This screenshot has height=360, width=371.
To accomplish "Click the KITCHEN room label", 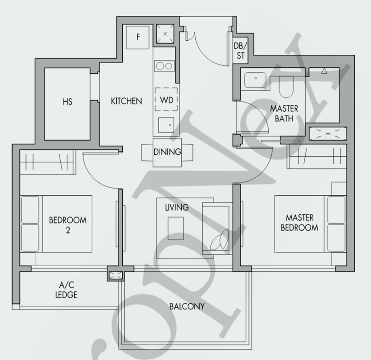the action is click(x=126, y=101).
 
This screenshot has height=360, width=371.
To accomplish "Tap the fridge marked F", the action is click(x=138, y=38).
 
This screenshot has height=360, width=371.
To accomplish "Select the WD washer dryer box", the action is click(x=166, y=99).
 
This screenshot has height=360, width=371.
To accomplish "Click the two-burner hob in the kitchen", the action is click(x=165, y=66).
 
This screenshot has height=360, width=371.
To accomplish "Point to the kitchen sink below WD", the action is click(x=166, y=125).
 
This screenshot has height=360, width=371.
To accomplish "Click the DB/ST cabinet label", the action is click(x=240, y=51).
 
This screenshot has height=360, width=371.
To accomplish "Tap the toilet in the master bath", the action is click(x=286, y=87).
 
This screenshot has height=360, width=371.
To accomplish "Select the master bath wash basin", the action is click(x=255, y=80).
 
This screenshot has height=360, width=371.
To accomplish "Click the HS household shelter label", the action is click(x=67, y=102).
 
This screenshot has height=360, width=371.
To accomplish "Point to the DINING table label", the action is click(x=167, y=152).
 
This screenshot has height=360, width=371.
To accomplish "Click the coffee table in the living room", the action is click(x=176, y=228).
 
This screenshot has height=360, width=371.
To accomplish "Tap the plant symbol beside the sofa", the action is click(x=219, y=240).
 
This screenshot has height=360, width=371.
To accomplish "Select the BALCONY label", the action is click(x=187, y=307).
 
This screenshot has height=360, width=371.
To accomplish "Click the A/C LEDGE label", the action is click(x=66, y=289).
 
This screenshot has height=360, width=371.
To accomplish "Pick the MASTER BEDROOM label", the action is click(x=300, y=223).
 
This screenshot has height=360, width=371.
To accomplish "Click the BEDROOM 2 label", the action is click(x=68, y=225).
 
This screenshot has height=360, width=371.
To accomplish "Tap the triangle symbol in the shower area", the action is click(x=324, y=71).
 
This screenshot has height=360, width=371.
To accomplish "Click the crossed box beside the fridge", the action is click(x=165, y=33).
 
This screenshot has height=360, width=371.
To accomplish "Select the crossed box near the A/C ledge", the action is click(x=116, y=275).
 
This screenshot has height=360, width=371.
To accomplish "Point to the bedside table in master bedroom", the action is click(x=339, y=189).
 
